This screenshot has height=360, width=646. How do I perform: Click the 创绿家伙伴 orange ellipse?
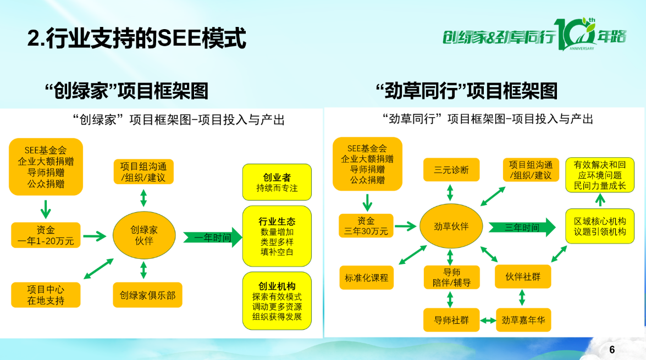tap(143, 235)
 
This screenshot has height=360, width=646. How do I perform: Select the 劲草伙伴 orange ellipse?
tap(451, 226)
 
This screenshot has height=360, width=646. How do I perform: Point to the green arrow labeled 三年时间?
tap(522, 227)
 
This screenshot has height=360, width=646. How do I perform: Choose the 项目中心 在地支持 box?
tap(46, 295)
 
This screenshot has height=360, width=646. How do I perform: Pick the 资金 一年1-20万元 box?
tap(46, 235)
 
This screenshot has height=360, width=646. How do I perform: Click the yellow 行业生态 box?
tap(277, 236)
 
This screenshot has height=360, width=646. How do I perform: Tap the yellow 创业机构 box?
tap(277, 301)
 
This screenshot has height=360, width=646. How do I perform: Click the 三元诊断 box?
tap(451, 170)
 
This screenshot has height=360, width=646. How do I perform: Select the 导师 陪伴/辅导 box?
tap(451, 278)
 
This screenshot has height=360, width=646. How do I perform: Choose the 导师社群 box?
tap(451, 320)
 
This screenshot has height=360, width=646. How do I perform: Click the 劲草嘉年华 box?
tap(523, 320)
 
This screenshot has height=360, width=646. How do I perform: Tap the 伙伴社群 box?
tap(522, 276)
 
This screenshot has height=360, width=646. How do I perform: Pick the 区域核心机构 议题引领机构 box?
tap(600, 226)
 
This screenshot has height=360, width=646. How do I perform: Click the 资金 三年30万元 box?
tap(366, 226)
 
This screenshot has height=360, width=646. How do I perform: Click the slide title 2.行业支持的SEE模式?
tap(136, 38)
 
